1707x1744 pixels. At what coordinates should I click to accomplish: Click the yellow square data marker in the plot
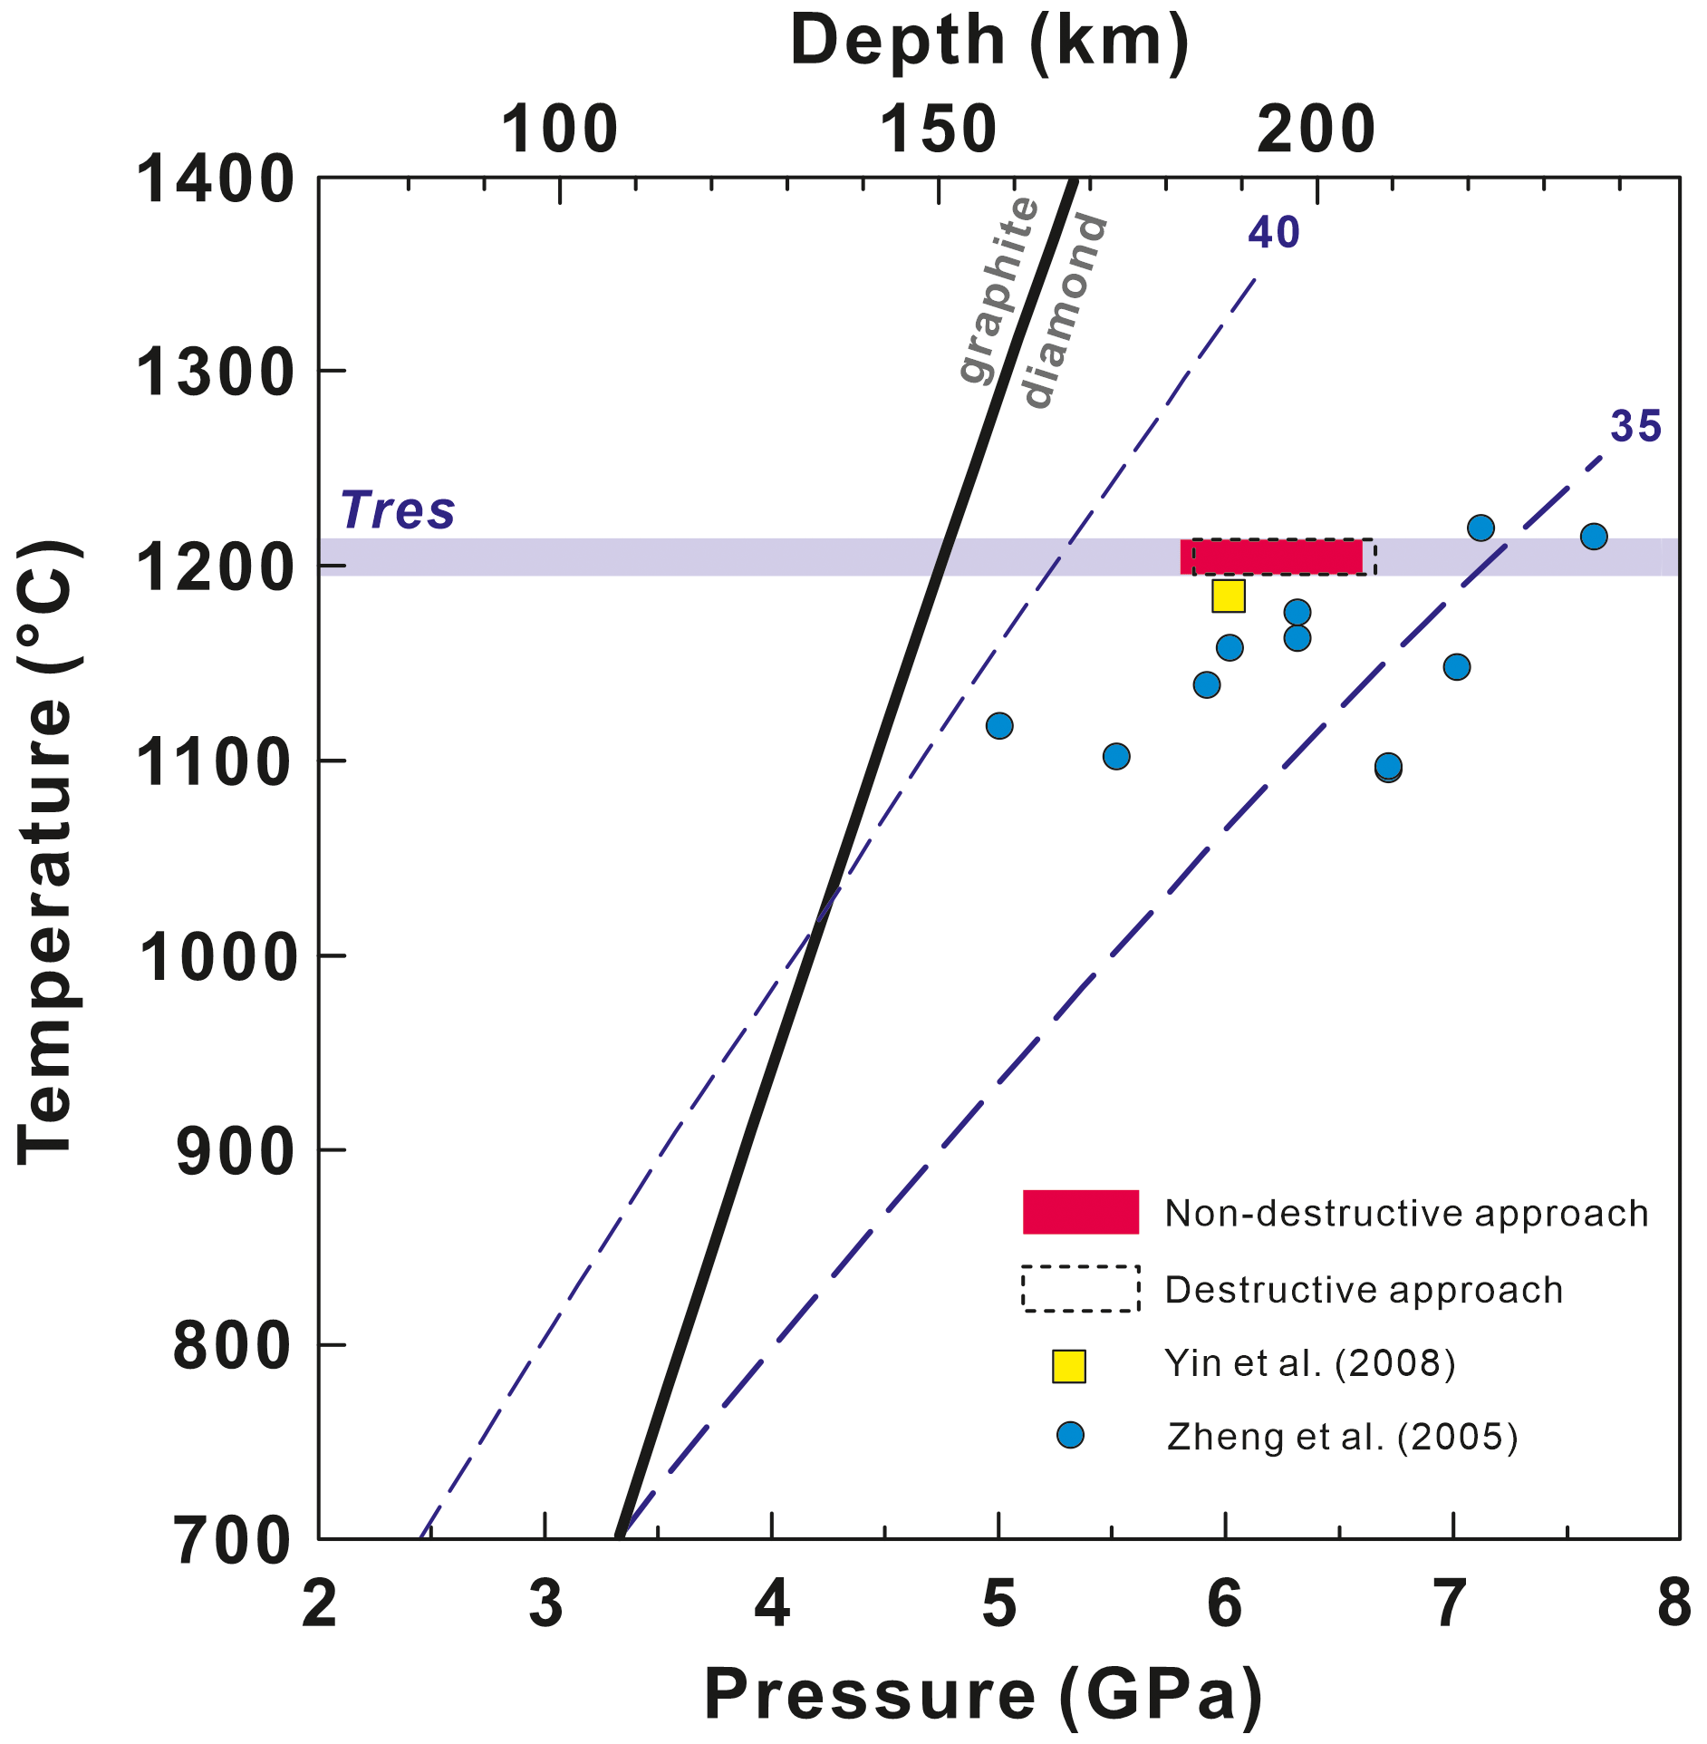coord(1228,596)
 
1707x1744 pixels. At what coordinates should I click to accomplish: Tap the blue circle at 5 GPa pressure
coord(998,725)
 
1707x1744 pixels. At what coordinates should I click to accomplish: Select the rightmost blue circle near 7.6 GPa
coord(1593,537)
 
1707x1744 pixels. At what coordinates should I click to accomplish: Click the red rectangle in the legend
coord(1080,1212)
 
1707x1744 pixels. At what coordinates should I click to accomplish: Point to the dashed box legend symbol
coord(1080,1288)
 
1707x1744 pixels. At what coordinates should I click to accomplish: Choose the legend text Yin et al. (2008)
coord(1309,1363)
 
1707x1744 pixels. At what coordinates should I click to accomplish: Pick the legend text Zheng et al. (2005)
coord(1341,1437)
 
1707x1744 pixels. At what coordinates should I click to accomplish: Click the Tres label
coord(397,510)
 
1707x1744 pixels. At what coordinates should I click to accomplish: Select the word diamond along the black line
coord(1064,310)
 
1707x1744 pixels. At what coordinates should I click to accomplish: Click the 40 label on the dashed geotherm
coord(1273,234)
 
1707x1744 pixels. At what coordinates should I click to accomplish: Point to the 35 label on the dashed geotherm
coord(1635,427)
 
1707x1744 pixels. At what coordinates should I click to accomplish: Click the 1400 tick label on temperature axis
coord(215,179)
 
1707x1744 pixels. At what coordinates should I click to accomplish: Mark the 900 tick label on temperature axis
coord(235,1152)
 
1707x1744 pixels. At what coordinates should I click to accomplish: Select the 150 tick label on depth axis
coord(938,130)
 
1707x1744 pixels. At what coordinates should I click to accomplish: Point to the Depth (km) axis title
coord(989,41)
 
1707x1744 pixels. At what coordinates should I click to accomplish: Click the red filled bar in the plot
coord(1270,557)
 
